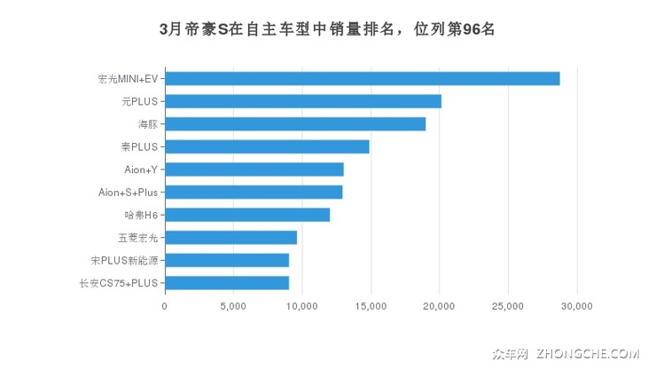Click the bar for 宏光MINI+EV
[x=362, y=79]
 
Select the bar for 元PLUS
[x=303, y=101]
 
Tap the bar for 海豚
[x=295, y=124]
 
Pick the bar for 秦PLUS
[x=267, y=146]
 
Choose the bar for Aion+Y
[x=254, y=169]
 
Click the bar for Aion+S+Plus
[x=254, y=192]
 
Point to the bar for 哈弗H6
[x=247, y=215]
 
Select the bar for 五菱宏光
[x=230, y=238]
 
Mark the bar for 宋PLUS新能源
[x=227, y=260]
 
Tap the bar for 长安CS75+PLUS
[x=227, y=283]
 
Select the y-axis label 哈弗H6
[x=141, y=215]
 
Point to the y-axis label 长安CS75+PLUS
[x=118, y=283]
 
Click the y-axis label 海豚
[x=147, y=124]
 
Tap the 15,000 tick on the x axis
[x=371, y=306]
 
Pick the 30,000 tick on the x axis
[x=577, y=306]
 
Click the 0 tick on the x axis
[x=165, y=306]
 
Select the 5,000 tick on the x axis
[x=233, y=306]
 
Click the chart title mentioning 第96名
[x=327, y=28]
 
